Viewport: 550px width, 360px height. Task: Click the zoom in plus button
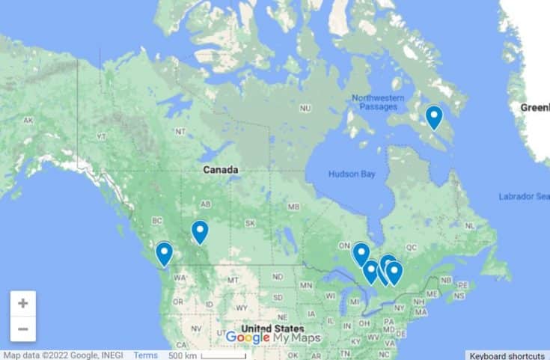pyautogui.click(x=22, y=304)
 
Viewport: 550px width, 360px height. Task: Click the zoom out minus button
pyautogui.click(x=22, y=329)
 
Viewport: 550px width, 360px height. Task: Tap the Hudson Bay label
pyautogui.click(x=351, y=174)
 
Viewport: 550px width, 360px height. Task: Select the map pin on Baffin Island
pyautogui.click(x=433, y=117)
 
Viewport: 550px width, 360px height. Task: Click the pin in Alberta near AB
pyautogui.click(x=199, y=231)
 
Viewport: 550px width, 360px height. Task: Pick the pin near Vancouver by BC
pyautogui.click(x=164, y=253)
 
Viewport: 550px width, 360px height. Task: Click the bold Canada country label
pyautogui.click(x=221, y=170)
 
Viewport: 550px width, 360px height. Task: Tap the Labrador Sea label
pyautogui.click(x=523, y=197)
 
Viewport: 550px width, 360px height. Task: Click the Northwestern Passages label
pyautogui.click(x=378, y=103)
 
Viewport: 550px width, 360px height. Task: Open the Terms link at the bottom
pyautogui.click(x=145, y=355)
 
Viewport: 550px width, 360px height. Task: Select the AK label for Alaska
pyautogui.click(x=28, y=120)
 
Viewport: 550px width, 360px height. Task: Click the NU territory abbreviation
pyautogui.click(x=305, y=109)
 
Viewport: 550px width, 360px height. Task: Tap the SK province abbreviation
pyautogui.click(x=250, y=223)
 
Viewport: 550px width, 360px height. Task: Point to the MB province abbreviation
pyautogui.click(x=294, y=207)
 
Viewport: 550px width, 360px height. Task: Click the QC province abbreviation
pyautogui.click(x=410, y=245)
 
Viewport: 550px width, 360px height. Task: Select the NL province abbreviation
pyautogui.click(x=469, y=225)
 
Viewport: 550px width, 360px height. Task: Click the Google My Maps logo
pyautogui.click(x=272, y=338)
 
